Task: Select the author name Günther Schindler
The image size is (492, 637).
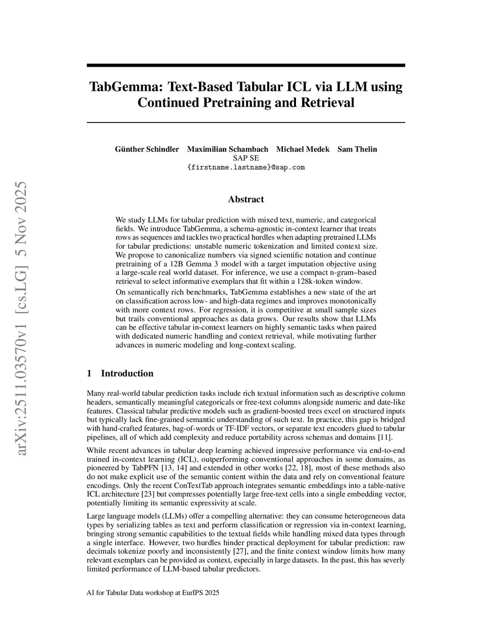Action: (x=147, y=149)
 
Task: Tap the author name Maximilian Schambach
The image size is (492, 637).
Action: (x=227, y=149)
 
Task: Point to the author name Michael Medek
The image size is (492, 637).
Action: (x=303, y=149)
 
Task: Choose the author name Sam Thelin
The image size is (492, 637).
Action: (x=357, y=149)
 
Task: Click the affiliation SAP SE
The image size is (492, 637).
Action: (x=246, y=158)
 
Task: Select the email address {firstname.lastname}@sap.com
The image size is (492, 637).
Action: (x=246, y=167)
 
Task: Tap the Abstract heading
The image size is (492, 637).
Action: (x=246, y=199)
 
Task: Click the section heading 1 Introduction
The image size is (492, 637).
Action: (x=120, y=374)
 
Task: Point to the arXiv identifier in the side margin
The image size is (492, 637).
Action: (x=22, y=317)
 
